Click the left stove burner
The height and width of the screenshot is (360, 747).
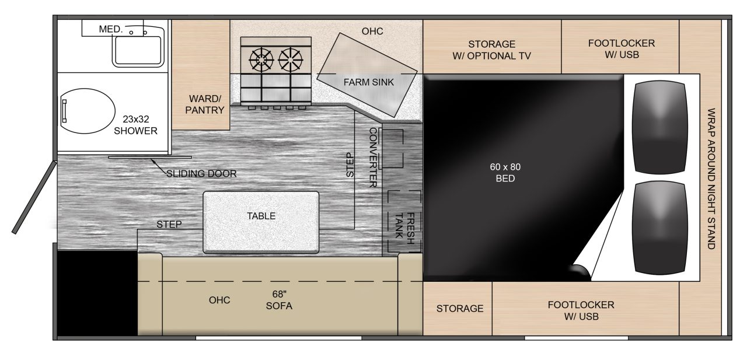pyautogui.click(x=261, y=60)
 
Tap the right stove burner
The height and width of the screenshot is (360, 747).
pyautogui.click(x=291, y=60)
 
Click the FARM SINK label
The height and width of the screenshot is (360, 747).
pyautogui.click(x=368, y=82)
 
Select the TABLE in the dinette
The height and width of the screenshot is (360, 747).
pyautogui.click(x=261, y=222)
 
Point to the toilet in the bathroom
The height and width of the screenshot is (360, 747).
pyautogui.click(x=88, y=111)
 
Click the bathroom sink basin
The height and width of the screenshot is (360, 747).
pyautogui.click(x=138, y=50)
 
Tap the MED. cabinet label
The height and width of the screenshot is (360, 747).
pyautogui.click(x=111, y=29)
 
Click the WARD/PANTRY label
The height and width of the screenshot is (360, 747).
pyautogui.click(x=205, y=104)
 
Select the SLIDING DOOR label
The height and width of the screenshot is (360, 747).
pyautogui.click(x=201, y=174)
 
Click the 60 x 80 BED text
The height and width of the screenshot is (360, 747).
pyautogui.click(x=505, y=173)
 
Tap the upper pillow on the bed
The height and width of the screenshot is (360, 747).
pyautogui.click(x=660, y=127)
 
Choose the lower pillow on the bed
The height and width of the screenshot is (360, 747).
pyautogui.click(x=660, y=228)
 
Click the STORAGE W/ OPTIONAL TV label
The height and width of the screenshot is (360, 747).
pyautogui.click(x=491, y=50)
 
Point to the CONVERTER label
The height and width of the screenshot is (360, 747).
pyautogui.click(x=373, y=158)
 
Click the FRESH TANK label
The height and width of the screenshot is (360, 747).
pyautogui.click(x=404, y=228)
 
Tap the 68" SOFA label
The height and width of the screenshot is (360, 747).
pyautogui.click(x=279, y=300)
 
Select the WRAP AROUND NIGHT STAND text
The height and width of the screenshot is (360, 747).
pyautogui.click(x=711, y=179)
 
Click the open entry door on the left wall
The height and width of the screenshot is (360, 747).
pyautogui.click(x=34, y=197)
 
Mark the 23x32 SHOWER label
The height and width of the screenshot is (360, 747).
pyautogui.click(x=135, y=125)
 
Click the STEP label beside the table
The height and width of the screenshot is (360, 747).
pyautogui.click(x=169, y=224)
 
